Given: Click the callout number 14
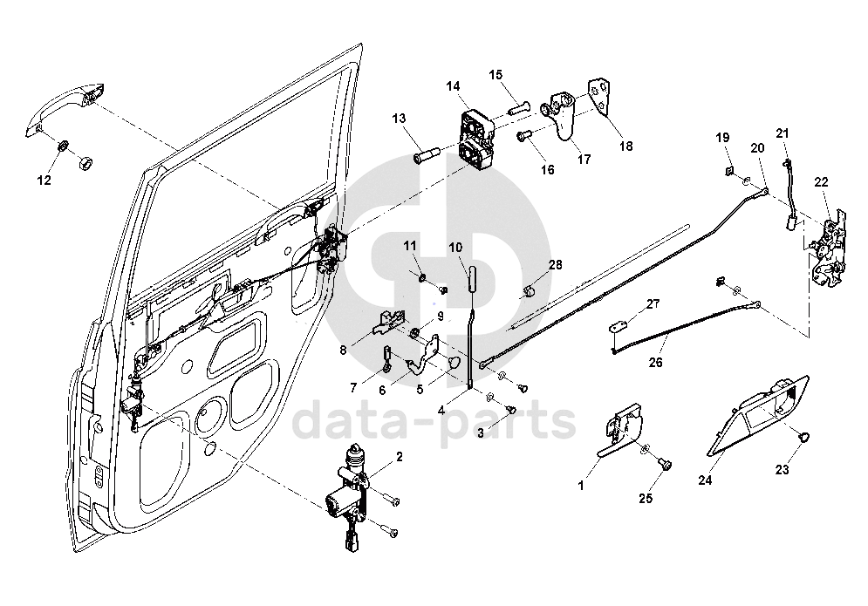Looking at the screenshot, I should point(453,86).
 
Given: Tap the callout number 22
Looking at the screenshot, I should point(821,181).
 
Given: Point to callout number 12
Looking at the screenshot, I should point(44,180).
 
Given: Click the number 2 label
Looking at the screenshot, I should point(400,456).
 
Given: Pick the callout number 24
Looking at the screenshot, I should point(704,479).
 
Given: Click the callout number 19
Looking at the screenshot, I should point(722,138).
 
